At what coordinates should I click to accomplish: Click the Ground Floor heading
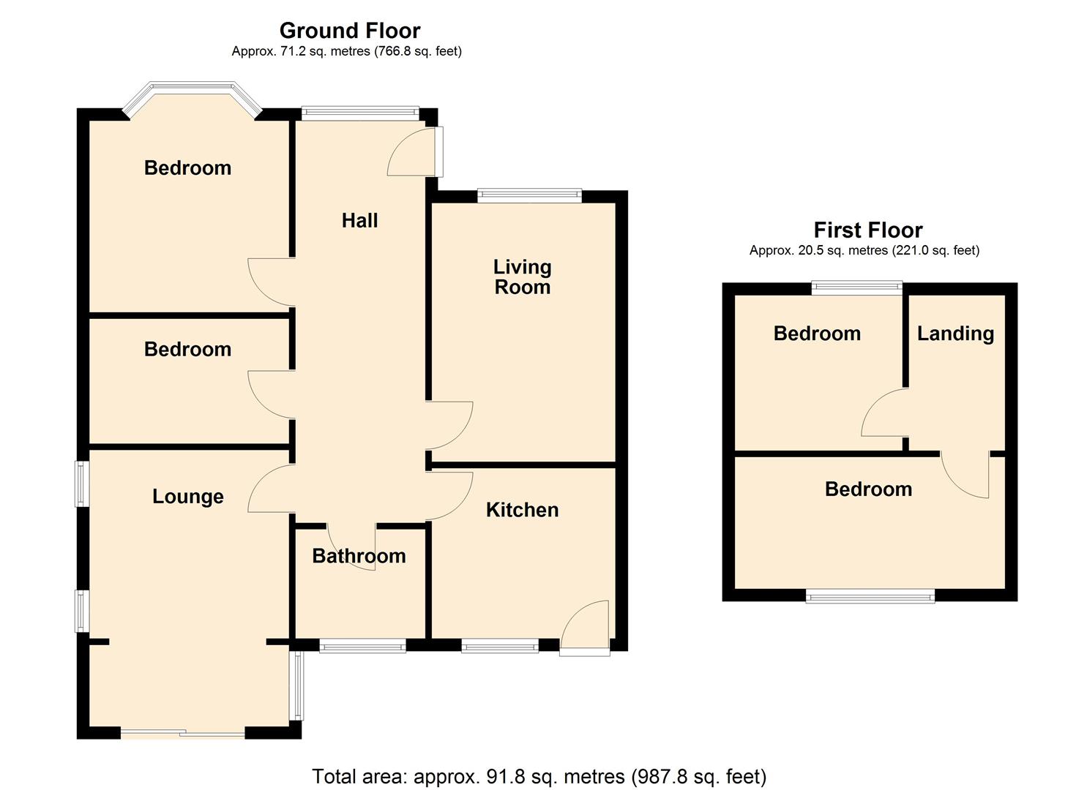pos(349,31)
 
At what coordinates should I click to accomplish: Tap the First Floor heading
pos(867,230)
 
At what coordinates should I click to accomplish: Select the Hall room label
pos(359,220)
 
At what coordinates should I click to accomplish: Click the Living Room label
pos(522,277)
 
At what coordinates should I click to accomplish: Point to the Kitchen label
pos(522,510)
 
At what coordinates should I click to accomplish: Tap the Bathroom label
pos(359,556)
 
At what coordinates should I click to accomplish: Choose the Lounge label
pos(187,497)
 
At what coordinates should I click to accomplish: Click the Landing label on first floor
pos(955,334)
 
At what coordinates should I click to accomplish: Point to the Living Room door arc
pos(449,425)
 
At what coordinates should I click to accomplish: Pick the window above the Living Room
pos(529,195)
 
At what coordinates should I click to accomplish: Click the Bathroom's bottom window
pos(362,646)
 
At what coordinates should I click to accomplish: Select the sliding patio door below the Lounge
pos(182,733)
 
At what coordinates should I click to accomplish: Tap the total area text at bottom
pos(539,776)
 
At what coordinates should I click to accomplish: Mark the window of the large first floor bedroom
pos(870,596)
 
